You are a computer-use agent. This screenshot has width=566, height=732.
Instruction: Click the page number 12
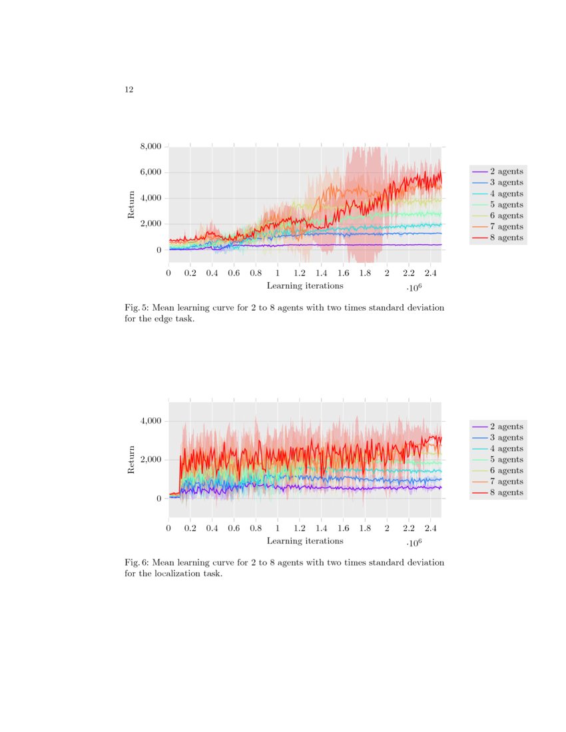click(x=129, y=90)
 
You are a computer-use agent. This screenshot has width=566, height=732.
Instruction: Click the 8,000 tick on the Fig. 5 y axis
click(x=149, y=146)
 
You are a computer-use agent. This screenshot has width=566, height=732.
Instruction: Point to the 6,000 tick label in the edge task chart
click(x=149, y=172)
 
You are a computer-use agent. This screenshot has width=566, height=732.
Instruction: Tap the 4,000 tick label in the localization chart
click(x=149, y=421)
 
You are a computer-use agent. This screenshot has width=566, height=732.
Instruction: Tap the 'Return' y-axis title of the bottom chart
click(x=131, y=460)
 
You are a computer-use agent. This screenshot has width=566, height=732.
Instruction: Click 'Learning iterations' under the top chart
click(x=305, y=285)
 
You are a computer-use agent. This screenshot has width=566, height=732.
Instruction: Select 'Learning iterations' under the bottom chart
click(x=305, y=541)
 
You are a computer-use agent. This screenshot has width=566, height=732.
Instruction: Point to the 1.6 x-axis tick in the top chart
click(x=343, y=273)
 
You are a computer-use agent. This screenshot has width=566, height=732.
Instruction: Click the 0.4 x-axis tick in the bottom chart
click(x=212, y=528)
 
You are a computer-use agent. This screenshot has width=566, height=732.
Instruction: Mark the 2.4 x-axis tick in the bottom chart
click(x=430, y=528)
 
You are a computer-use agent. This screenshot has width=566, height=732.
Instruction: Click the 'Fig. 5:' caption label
click(x=136, y=308)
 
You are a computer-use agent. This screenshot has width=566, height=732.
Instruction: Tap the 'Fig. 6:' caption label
click(x=136, y=563)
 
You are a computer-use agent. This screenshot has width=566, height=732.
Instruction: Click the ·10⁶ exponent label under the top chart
click(x=414, y=288)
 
